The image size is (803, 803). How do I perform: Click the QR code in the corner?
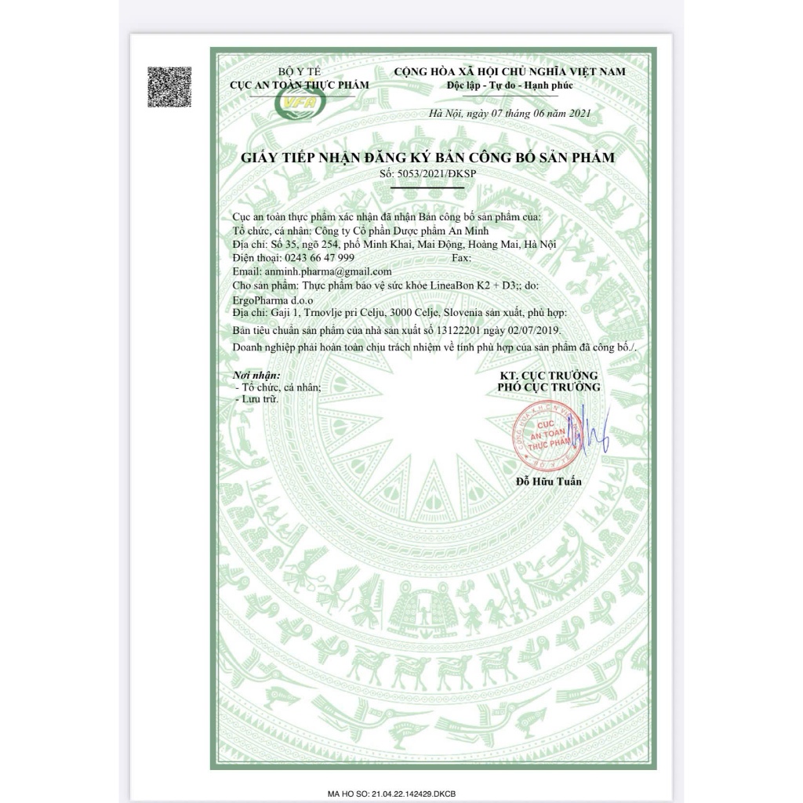(169, 88)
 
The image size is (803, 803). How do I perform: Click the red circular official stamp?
(542, 438)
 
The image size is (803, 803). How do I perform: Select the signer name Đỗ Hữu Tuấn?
(549, 481)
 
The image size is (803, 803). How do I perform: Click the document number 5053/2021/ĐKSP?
(421, 173)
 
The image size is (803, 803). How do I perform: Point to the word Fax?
(463, 257)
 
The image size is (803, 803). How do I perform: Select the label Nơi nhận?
(256, 376)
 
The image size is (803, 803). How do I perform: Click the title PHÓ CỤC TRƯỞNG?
(549, 387)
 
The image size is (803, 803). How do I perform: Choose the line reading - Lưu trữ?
(257, 398)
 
